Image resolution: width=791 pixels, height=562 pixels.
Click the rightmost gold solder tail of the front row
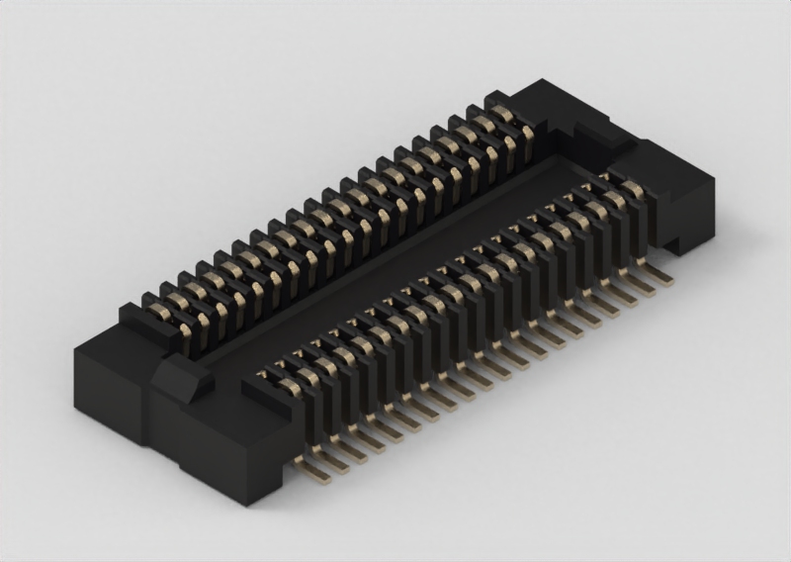[661, 278]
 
